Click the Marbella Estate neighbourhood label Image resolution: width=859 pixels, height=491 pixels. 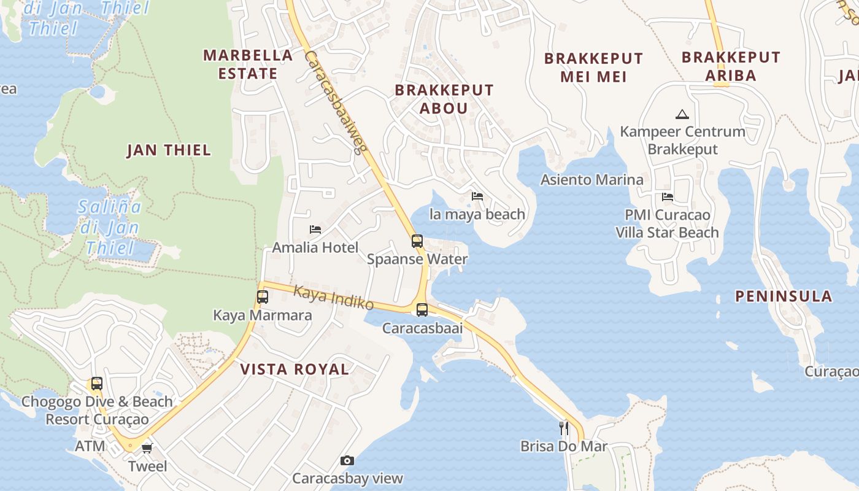pos(247,64)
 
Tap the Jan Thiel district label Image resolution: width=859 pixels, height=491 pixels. pos(168,150)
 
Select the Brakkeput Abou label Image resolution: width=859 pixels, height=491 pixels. pos(444,99)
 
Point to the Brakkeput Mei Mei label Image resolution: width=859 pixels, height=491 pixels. pos(593,68)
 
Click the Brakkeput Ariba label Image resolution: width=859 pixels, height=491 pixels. pos(731,66)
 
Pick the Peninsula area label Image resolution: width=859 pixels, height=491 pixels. pos(784,296)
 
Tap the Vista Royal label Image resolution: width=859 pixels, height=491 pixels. pos(295,369)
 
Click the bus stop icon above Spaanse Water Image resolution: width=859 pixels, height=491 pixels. pos(417,241)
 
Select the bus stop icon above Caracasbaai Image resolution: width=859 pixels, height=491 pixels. pos(422,310)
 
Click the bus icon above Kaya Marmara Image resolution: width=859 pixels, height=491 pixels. pos(263,297)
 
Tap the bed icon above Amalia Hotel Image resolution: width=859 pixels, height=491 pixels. pos(315,230)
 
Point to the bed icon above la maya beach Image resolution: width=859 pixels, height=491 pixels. pos(477,196)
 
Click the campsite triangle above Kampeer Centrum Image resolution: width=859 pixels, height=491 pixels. pos(682,114)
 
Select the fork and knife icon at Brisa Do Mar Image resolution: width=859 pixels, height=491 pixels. pos(563,428)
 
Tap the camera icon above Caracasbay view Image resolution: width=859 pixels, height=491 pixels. pos(347,460)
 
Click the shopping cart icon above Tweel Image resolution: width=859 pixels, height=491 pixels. pos(147,448)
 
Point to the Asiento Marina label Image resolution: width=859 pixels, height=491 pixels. pos(591,180)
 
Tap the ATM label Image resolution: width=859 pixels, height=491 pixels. pos(90,446)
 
